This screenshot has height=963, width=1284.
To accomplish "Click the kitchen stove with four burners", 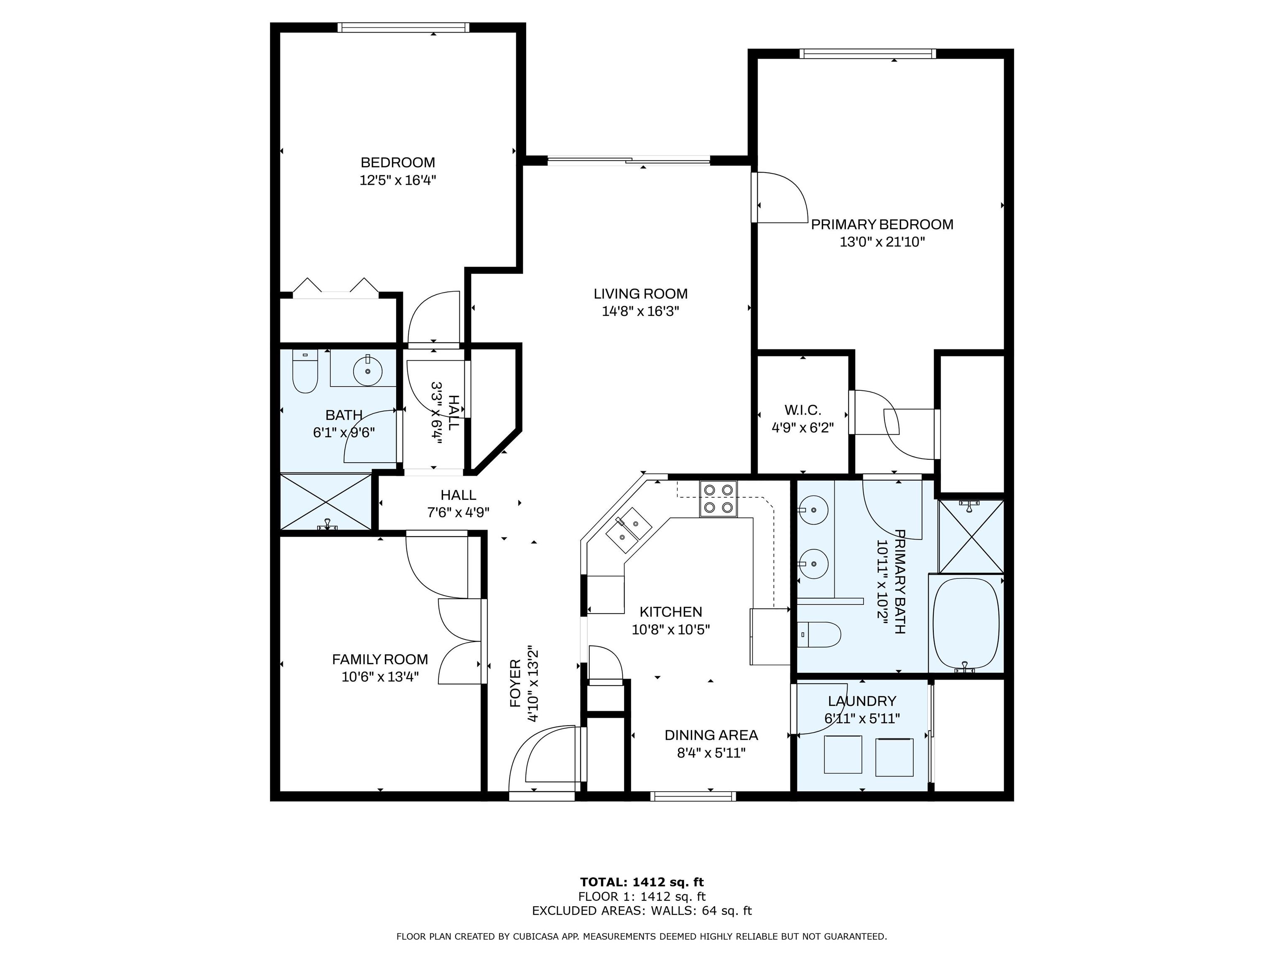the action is [x=718, y=499].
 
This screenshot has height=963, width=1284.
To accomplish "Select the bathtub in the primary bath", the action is [x=966, y=624].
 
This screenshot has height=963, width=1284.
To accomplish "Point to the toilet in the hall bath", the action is [x=305, y=372].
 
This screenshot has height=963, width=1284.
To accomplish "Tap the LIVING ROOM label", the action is [x=640, y=294].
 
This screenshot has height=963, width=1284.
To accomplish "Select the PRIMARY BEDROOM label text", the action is [x=882, y=224].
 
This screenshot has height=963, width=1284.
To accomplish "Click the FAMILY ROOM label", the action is [x=380, y=660].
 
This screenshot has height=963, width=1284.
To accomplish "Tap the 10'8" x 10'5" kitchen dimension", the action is [x=671, y=629].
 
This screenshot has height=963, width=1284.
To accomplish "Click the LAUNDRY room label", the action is [x=862, y=701].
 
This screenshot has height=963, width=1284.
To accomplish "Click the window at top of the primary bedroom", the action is [x=867, y=54].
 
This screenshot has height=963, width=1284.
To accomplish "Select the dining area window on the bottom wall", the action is [x=693, y=796].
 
